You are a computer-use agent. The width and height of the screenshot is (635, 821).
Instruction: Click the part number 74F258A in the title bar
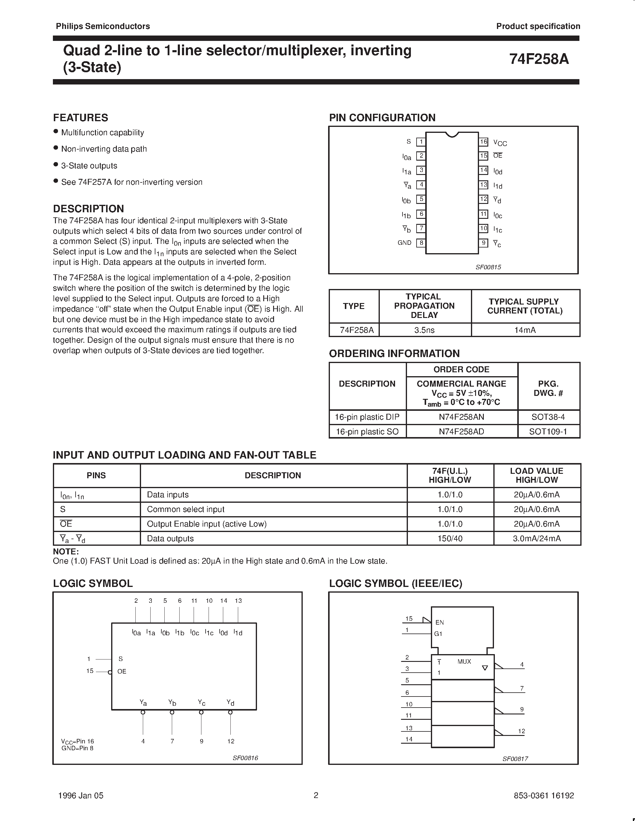539,59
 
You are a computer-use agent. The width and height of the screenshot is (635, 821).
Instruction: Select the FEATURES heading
80,118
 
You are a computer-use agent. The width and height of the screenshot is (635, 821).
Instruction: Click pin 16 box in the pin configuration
483,142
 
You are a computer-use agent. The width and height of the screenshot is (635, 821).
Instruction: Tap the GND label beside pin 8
404,243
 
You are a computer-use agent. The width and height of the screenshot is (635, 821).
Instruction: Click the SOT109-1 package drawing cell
548,432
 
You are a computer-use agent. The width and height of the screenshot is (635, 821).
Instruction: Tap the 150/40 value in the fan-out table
450,538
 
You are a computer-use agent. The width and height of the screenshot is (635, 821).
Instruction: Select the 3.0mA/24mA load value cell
536,538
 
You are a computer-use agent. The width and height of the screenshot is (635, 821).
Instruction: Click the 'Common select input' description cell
186,509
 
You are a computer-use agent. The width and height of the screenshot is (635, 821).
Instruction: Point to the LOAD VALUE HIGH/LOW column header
536,475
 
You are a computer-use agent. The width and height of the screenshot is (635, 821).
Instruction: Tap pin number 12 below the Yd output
231,741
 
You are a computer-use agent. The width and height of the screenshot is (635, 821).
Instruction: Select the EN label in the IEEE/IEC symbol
439,622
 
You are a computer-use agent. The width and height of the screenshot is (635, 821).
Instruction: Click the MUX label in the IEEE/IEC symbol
464,662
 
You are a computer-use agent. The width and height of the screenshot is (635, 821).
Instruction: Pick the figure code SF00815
488,267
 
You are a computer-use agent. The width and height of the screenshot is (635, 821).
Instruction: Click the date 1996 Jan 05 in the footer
81,795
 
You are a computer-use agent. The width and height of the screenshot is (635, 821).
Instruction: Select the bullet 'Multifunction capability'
102,132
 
